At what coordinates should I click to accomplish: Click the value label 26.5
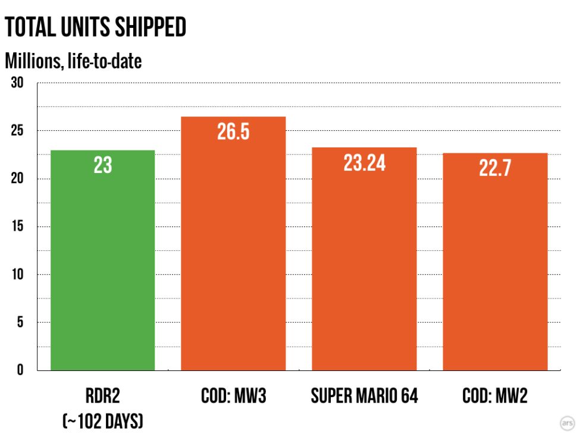233,132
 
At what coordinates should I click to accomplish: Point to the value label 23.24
364,162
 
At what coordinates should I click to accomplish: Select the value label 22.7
495,168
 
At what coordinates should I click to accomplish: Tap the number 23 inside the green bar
102,165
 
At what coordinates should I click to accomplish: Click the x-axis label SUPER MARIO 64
364,397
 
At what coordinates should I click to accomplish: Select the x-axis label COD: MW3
233,397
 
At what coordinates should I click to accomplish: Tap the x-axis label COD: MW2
495,397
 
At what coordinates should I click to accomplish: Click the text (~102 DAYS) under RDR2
102,421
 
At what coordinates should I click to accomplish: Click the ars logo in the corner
568,423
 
